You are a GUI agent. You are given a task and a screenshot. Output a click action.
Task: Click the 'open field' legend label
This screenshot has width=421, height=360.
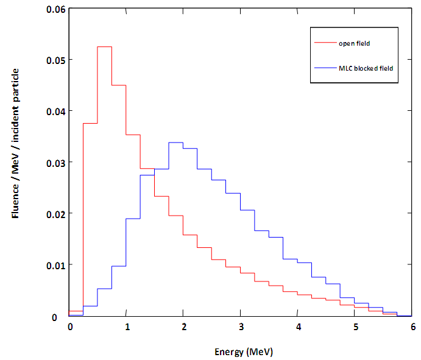[x=355, y=44]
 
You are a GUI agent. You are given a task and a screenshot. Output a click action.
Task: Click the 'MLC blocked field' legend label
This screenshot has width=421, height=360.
[x=366, y=68]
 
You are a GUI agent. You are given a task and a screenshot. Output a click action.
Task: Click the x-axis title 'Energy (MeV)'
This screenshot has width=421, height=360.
[x=241, y=351]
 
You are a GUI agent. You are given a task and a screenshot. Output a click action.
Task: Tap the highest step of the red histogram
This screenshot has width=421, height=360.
[x=104, y=46]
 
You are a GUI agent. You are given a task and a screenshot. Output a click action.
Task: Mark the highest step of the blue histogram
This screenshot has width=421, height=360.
[x=176, y=143]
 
